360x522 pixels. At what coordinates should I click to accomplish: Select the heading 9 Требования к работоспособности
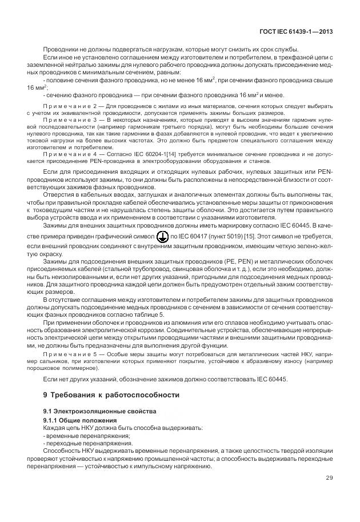111,395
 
